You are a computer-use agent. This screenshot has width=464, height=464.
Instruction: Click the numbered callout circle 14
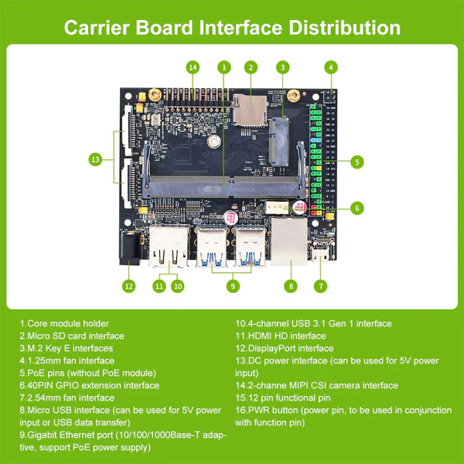[193, 68]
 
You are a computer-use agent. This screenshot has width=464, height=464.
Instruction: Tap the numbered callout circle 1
[223, 68]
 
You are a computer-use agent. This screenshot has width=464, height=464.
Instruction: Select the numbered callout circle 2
[251, 68]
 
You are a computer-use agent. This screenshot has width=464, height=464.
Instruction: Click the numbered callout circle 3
[283, 68]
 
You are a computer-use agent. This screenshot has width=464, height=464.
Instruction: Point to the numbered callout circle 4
[331, 68]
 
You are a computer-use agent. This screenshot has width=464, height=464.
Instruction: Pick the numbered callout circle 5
[357, 162]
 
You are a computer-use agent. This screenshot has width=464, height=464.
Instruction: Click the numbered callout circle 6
[357, 207]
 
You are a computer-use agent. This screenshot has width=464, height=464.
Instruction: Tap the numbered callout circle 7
[320, 285]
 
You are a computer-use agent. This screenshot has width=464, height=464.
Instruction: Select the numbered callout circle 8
[291, 285]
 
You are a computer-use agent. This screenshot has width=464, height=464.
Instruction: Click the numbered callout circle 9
[230, 285]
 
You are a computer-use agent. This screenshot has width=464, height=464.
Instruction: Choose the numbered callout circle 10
[178, 285]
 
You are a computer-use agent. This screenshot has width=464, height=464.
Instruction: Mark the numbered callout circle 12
[128, 285]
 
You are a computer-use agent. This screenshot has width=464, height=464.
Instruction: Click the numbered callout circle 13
[95, 159]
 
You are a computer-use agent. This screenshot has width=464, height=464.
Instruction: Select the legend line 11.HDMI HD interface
[280, 336]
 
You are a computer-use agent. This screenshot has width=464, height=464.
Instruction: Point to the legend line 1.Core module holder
[64, 323]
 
